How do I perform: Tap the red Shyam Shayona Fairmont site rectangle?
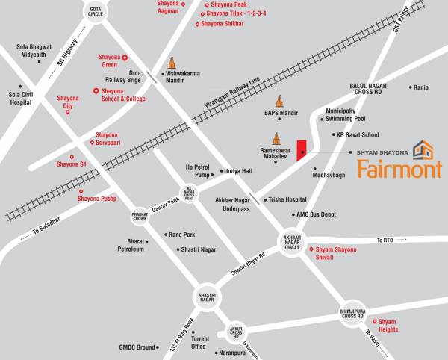point(302,149)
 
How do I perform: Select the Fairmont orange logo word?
point(399,169)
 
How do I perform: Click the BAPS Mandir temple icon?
point(280,102)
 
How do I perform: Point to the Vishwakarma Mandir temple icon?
point(174,63)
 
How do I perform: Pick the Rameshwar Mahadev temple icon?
point(276,137)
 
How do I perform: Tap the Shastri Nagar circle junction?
point(207,297)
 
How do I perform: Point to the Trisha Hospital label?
point(287,199)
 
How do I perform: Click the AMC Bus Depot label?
point(316,214)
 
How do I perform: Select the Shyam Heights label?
point(387,325)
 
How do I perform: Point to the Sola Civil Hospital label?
point(25,99)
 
